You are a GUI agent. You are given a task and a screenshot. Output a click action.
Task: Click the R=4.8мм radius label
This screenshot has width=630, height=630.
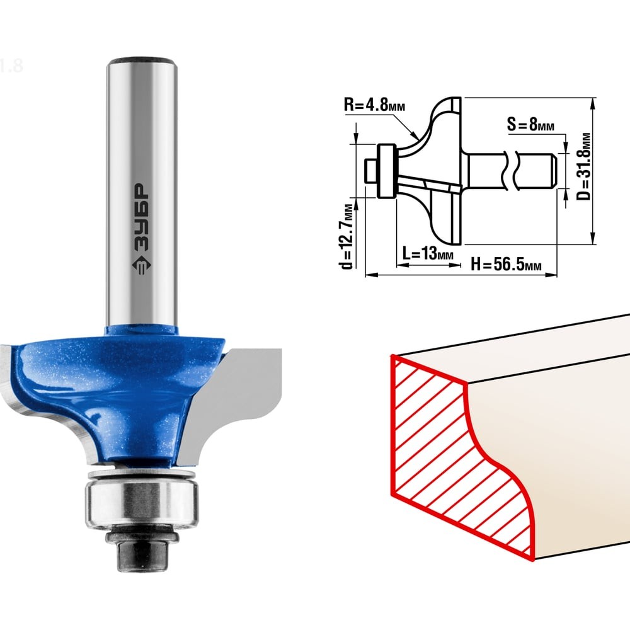point(374,105)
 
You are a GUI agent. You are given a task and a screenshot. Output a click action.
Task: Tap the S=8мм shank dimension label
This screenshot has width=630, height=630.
point(530,124)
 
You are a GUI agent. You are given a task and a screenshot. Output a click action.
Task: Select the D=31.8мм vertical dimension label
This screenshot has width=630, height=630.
point(585,166)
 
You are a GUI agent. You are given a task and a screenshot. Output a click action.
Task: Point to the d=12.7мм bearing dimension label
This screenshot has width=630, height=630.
point(346,237)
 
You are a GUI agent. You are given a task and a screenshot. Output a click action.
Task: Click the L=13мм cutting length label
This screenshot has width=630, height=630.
point(428,253)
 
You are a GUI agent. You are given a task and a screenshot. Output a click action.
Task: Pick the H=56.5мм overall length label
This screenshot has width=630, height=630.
point(506,265)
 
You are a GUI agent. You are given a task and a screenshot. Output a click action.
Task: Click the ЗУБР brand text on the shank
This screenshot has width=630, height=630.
point(140,217)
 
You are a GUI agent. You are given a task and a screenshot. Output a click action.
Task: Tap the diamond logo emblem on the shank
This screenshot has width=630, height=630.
point(140,266)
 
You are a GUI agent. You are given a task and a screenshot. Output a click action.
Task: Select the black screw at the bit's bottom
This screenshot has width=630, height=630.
point(141,551)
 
